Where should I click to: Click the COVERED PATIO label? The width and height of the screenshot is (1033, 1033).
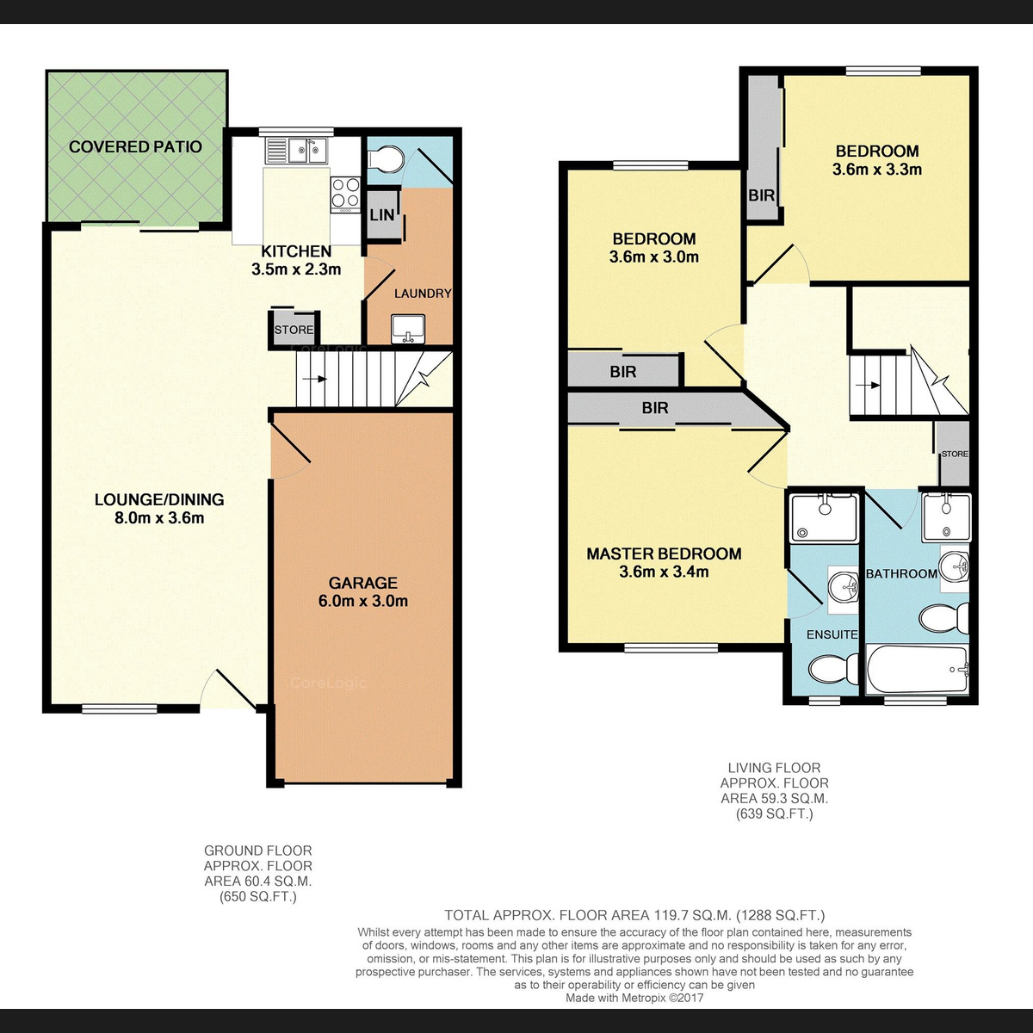coord(135,147)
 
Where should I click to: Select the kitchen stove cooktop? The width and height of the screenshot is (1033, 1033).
coord(345,193)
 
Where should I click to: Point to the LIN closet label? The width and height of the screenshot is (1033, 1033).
coord(382,215)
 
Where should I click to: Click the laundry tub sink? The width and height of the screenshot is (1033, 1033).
coord(408,329)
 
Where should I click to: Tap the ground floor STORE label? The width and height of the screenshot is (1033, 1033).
coord(294,330)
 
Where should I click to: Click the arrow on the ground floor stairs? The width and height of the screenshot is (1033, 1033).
coord(315,379)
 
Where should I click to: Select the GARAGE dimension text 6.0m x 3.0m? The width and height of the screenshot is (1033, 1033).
coord(363,601)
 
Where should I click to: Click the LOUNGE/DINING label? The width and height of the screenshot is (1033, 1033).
coord(159,499)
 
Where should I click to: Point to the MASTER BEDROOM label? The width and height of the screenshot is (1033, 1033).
coord(664,554)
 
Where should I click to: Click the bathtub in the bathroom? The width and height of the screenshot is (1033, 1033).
coord(917,669)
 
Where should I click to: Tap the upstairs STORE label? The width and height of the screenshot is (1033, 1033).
coord(955,454)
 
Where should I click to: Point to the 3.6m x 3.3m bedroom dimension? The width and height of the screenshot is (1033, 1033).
coord(877,170)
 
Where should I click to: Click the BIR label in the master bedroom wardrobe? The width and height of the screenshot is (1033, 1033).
coord(655,408)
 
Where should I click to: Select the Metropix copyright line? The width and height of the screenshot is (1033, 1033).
coord(634,998)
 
